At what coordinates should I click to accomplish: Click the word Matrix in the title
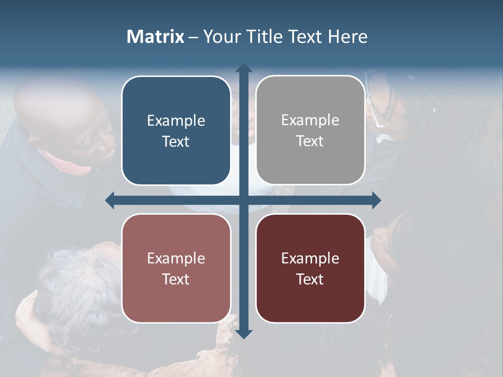[x=155, y=37]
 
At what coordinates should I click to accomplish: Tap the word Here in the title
[x=347, y=37]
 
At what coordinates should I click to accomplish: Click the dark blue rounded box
[x=176, y=130]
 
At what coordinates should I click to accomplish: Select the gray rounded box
[x=310, y=130]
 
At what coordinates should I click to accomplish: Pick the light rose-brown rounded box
[x=176, y=268]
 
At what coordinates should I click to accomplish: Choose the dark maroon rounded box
[x=310, y=268]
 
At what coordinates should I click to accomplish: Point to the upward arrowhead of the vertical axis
[x=244, y=68]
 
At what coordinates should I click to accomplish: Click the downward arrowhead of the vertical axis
[x=244, y=334]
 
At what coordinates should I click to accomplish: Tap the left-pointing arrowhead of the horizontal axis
[x=110, y=200]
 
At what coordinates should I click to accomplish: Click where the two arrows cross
[x=244, y=200]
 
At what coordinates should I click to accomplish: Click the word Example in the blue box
[x=176, y=121]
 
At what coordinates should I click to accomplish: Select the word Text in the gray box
[x=310, y=141]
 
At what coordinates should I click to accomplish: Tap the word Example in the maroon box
[x=310, y=259]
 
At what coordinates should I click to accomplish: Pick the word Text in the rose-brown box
[x=176, y=279]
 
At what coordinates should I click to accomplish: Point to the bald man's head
[x=58, y=110]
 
